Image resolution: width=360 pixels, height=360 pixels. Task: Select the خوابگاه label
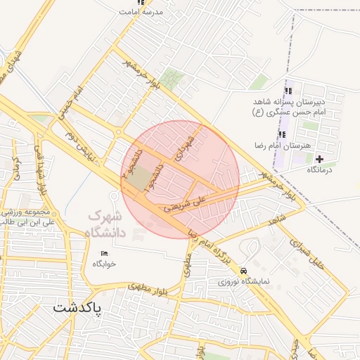coord(105,264)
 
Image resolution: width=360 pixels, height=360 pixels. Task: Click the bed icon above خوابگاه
coord(105,253)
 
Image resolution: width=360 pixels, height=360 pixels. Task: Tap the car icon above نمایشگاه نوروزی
coord(243,271)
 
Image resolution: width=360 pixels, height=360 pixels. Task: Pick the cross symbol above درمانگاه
coord(320,160)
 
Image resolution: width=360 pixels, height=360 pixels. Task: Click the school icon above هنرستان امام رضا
coord(282,134)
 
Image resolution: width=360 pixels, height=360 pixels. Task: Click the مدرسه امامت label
coord(141,12)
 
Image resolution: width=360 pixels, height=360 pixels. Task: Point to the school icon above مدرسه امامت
coord(141,2)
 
